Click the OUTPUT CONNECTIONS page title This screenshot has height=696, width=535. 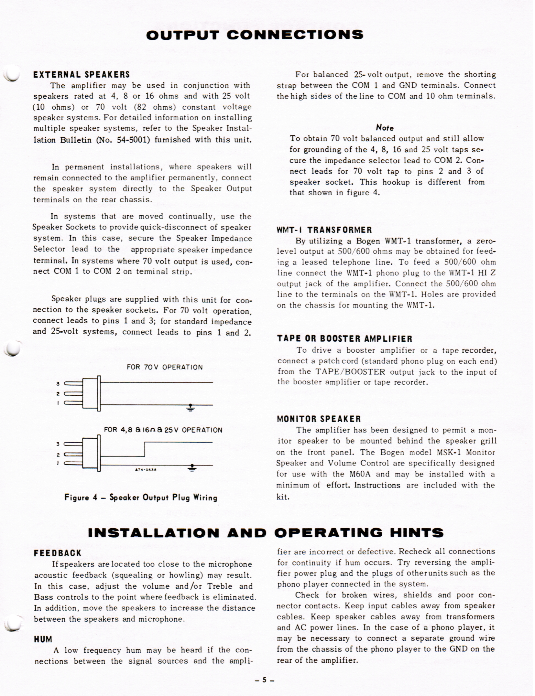click(x=255, y=35)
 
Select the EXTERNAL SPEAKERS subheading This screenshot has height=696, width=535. click(x=82, y=75)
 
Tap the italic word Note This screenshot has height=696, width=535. click(x=385, y=128)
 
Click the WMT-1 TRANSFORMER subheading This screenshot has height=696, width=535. click(x=324, y=230)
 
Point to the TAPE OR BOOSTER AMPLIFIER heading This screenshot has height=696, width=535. click(x=345, y=339)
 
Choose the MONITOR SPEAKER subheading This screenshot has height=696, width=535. click(x=319, y=419)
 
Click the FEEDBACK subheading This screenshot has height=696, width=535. click(x=58, y=553)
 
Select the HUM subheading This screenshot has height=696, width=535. click(x=43, y=639)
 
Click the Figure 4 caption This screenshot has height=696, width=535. click(x=141, y=497)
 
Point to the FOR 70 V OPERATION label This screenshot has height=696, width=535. click(x=165, y=367)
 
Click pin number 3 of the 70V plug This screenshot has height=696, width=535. click(x=58, y=384)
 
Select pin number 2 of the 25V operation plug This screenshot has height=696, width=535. click(x=58, y=455)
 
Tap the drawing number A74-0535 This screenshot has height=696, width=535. click(x=146, y=470)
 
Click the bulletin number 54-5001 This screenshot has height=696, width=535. click(x=133, y=140)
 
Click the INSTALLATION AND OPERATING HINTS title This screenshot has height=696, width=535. click(x=266, y=532)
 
